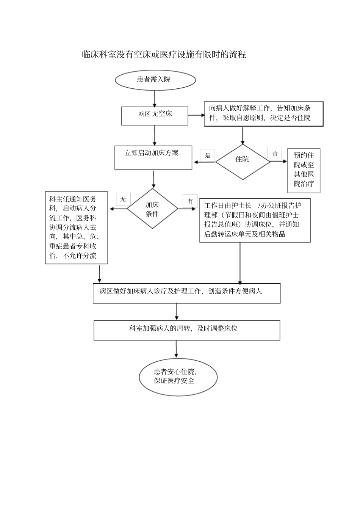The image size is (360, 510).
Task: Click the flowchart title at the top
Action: click(164, 55)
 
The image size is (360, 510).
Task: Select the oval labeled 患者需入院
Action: click(155, 80)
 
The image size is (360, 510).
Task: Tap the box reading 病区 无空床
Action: click(155, 116)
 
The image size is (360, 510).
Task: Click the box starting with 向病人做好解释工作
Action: click(263, 114)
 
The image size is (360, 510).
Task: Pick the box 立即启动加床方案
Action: click(153, 158)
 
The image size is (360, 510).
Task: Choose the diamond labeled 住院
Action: click(243, 162)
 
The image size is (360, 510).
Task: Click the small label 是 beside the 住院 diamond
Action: click(208, 155)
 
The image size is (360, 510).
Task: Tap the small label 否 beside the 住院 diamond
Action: click(275, 154)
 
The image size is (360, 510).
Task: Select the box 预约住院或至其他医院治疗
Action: click(304, 171)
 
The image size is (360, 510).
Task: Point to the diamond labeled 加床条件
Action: click(152, 209)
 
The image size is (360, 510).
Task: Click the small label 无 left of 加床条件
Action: click(123, 199)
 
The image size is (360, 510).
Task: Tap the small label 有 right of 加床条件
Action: click(190, 201)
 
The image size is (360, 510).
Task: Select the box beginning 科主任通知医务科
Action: click(76, 228)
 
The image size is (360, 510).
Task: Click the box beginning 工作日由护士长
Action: click(255, 220)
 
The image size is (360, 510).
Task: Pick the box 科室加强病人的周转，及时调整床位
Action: click(186, 330)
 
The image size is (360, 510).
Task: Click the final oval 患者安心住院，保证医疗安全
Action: click(178, 377)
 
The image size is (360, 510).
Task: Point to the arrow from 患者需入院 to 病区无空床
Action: click(155, 99)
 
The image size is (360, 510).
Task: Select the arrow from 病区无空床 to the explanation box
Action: click(196, 115)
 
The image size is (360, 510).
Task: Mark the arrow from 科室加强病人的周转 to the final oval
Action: click(176, 349)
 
